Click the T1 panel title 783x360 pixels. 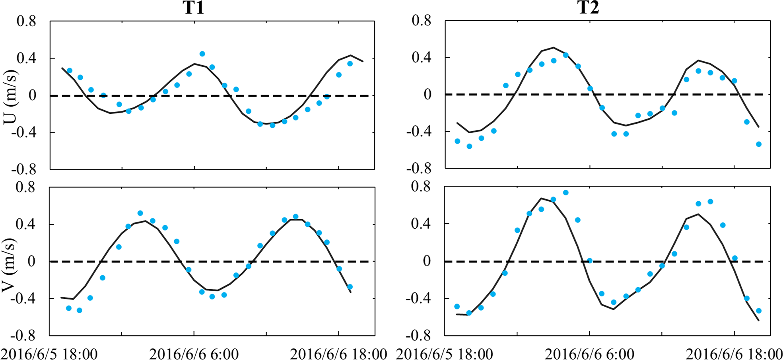[193, 8]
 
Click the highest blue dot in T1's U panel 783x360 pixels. [202, 54]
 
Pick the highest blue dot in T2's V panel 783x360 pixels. [565, 193]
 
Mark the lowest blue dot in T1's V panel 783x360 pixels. [79, 310]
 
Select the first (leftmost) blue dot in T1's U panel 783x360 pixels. [70, 70]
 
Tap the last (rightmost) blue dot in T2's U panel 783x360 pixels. [759, 144]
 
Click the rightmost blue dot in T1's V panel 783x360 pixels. [350, 287]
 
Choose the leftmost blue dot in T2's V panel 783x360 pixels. [457, 306]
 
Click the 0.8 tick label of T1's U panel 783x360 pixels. [26, 21]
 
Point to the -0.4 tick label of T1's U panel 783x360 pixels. [23, 132]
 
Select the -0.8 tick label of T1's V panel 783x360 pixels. [23, 336]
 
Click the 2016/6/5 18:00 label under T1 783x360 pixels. [49, 354]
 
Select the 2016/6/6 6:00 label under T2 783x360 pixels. [589, 354]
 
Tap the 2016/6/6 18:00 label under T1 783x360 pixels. [338, 354]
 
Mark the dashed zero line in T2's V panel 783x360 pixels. [636, 261]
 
